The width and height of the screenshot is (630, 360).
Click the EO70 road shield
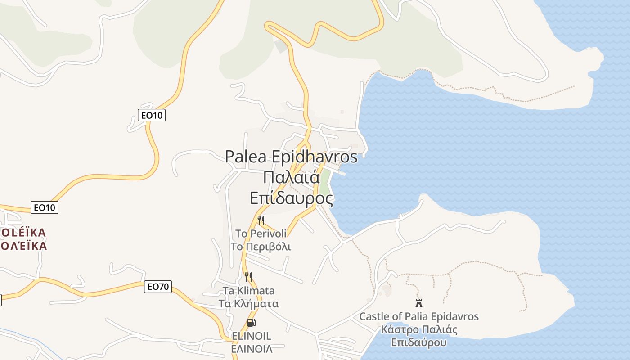(158, 286)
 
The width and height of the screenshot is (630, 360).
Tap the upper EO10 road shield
(152, 115)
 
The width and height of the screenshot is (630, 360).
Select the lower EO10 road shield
(45, 207)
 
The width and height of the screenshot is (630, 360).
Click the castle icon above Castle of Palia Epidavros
(419, 303)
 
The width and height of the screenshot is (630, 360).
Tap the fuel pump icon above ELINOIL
(251, 322)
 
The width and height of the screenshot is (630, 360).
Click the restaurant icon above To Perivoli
(261, 220)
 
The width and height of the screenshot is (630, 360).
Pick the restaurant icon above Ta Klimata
(248, 277)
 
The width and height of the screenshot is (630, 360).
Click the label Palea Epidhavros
(291, 157)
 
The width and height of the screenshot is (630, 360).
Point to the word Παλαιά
(291, 177)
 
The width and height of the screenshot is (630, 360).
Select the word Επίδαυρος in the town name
(292, 198)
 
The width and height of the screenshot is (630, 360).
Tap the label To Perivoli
(261, 234)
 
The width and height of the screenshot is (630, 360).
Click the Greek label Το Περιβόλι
(261, 247)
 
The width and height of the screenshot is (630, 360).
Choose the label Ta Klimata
(248, 291)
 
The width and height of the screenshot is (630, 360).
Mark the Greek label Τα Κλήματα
(248, 303)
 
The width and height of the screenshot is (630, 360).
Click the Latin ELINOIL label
(252, 336)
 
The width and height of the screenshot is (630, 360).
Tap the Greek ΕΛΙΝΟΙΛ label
(252, 349)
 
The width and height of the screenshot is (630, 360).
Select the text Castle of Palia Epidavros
(419, 316)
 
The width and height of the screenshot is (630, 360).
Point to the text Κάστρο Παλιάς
(419, 329)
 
